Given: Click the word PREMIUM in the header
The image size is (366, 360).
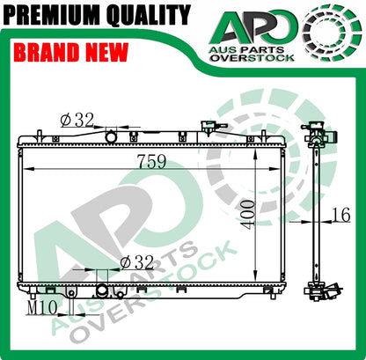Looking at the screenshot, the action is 53,15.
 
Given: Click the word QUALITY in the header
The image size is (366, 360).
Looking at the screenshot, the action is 149,15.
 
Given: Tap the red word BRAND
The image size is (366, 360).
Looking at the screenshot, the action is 47,53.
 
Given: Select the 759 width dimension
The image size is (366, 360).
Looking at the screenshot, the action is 151,161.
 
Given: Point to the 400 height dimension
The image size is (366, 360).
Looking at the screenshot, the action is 247,215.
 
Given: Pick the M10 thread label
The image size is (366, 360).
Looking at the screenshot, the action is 42,308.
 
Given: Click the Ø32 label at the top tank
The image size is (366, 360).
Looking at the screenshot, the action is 77,120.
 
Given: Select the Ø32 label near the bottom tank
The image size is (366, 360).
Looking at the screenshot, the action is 137,262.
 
